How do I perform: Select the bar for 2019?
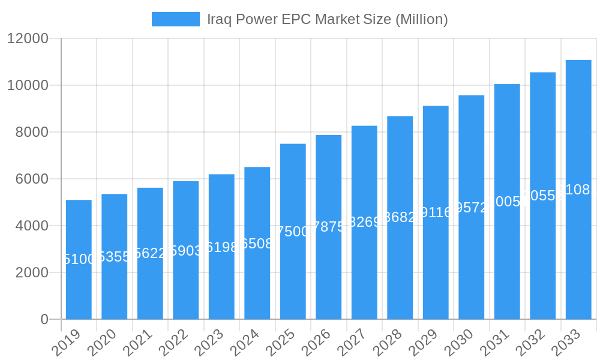(79, 288)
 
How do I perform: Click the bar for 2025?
(293, 276)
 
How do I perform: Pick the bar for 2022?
(185, 282)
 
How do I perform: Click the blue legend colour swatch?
(175, 19)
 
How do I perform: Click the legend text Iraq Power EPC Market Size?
(327, 19)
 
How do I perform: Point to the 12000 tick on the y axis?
(28, 38)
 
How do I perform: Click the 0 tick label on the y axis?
(44, 319)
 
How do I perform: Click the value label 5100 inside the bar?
(79, 259)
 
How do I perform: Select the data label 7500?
(293, 232)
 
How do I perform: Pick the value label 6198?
(221, 247)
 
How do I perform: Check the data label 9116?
(436, 212)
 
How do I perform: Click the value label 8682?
(400, 217)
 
